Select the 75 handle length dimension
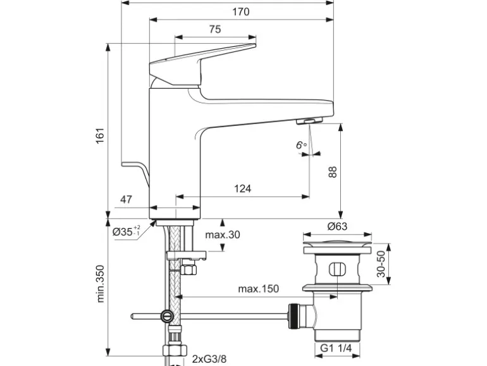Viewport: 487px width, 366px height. tap(215, 29)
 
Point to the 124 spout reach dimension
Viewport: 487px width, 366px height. tap(242, 188)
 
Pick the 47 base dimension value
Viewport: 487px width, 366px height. tap(125, 199)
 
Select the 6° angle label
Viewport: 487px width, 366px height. tap(300, 146)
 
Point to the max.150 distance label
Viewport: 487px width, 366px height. tap(258, 289)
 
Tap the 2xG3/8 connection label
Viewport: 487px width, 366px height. tap(208, 359)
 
